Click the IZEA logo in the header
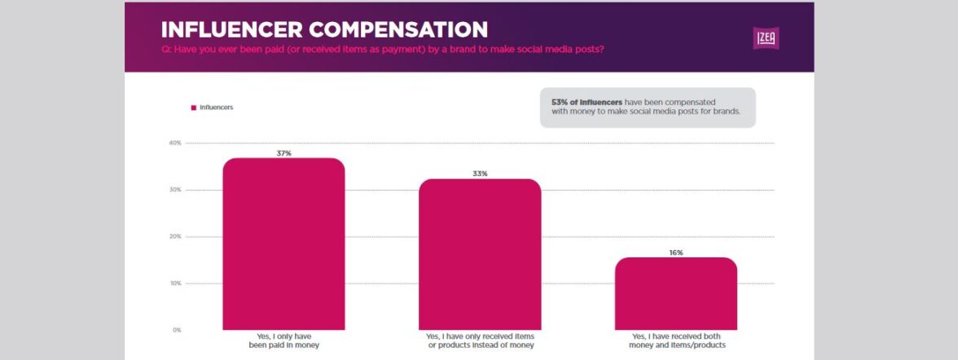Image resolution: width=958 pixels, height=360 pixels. point(766,37)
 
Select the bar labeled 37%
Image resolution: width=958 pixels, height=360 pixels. point(283,244)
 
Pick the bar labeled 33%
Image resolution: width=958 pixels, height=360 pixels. point(480,254)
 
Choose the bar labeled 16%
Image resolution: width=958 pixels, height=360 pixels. point(675,293)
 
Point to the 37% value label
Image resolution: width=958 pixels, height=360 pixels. point(283,152)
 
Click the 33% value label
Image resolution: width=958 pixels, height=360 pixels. point(480,173)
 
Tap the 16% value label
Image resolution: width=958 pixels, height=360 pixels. point(675,252)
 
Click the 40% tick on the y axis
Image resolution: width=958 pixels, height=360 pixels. point(174,143)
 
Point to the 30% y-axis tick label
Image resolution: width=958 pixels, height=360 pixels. point(174,190)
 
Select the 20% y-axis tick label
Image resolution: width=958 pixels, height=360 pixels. point(174,237)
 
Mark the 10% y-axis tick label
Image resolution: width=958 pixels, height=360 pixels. point(174,283)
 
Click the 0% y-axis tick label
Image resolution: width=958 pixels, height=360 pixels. point(176,330)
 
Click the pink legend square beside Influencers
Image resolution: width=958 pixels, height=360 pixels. point(193,108)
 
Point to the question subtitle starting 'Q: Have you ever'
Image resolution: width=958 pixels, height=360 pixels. point(383,50)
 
